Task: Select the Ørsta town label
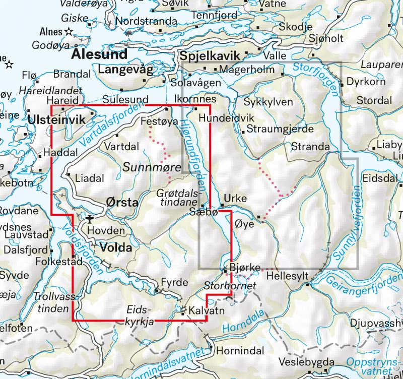(122, 203)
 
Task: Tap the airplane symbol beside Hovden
(90, 219)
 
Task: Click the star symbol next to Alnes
(69, 32)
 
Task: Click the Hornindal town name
(236, 349)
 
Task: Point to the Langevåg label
(125, 70)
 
